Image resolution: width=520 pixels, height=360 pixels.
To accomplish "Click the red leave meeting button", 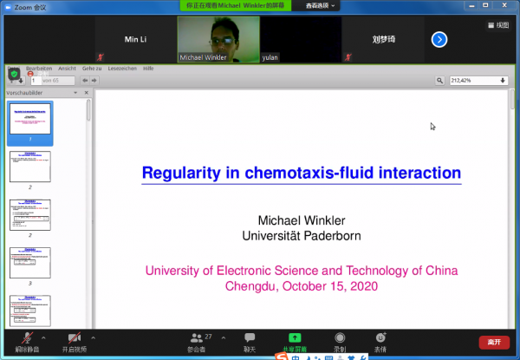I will click(493, 342).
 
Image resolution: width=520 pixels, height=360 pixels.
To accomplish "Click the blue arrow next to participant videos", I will click(439, 39).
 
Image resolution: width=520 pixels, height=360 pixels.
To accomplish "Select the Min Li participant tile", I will click(136, 40).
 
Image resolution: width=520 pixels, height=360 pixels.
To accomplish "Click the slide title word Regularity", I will click(179, 173).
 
